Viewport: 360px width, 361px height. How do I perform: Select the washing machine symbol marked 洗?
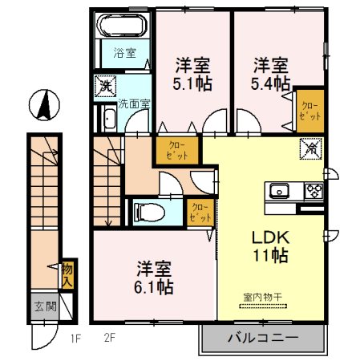click(104, 86)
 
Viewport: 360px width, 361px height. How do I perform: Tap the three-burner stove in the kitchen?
click(312, 190)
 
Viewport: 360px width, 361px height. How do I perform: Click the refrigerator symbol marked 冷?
click(309, 148)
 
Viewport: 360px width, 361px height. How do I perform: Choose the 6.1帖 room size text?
click(153, 285)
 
